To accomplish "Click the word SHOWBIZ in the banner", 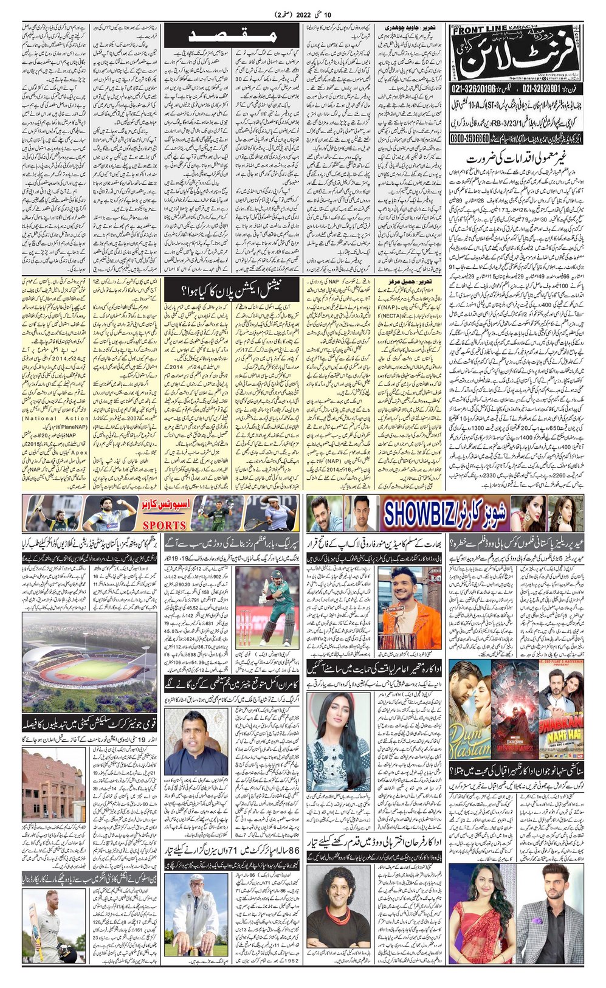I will [425, 513].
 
